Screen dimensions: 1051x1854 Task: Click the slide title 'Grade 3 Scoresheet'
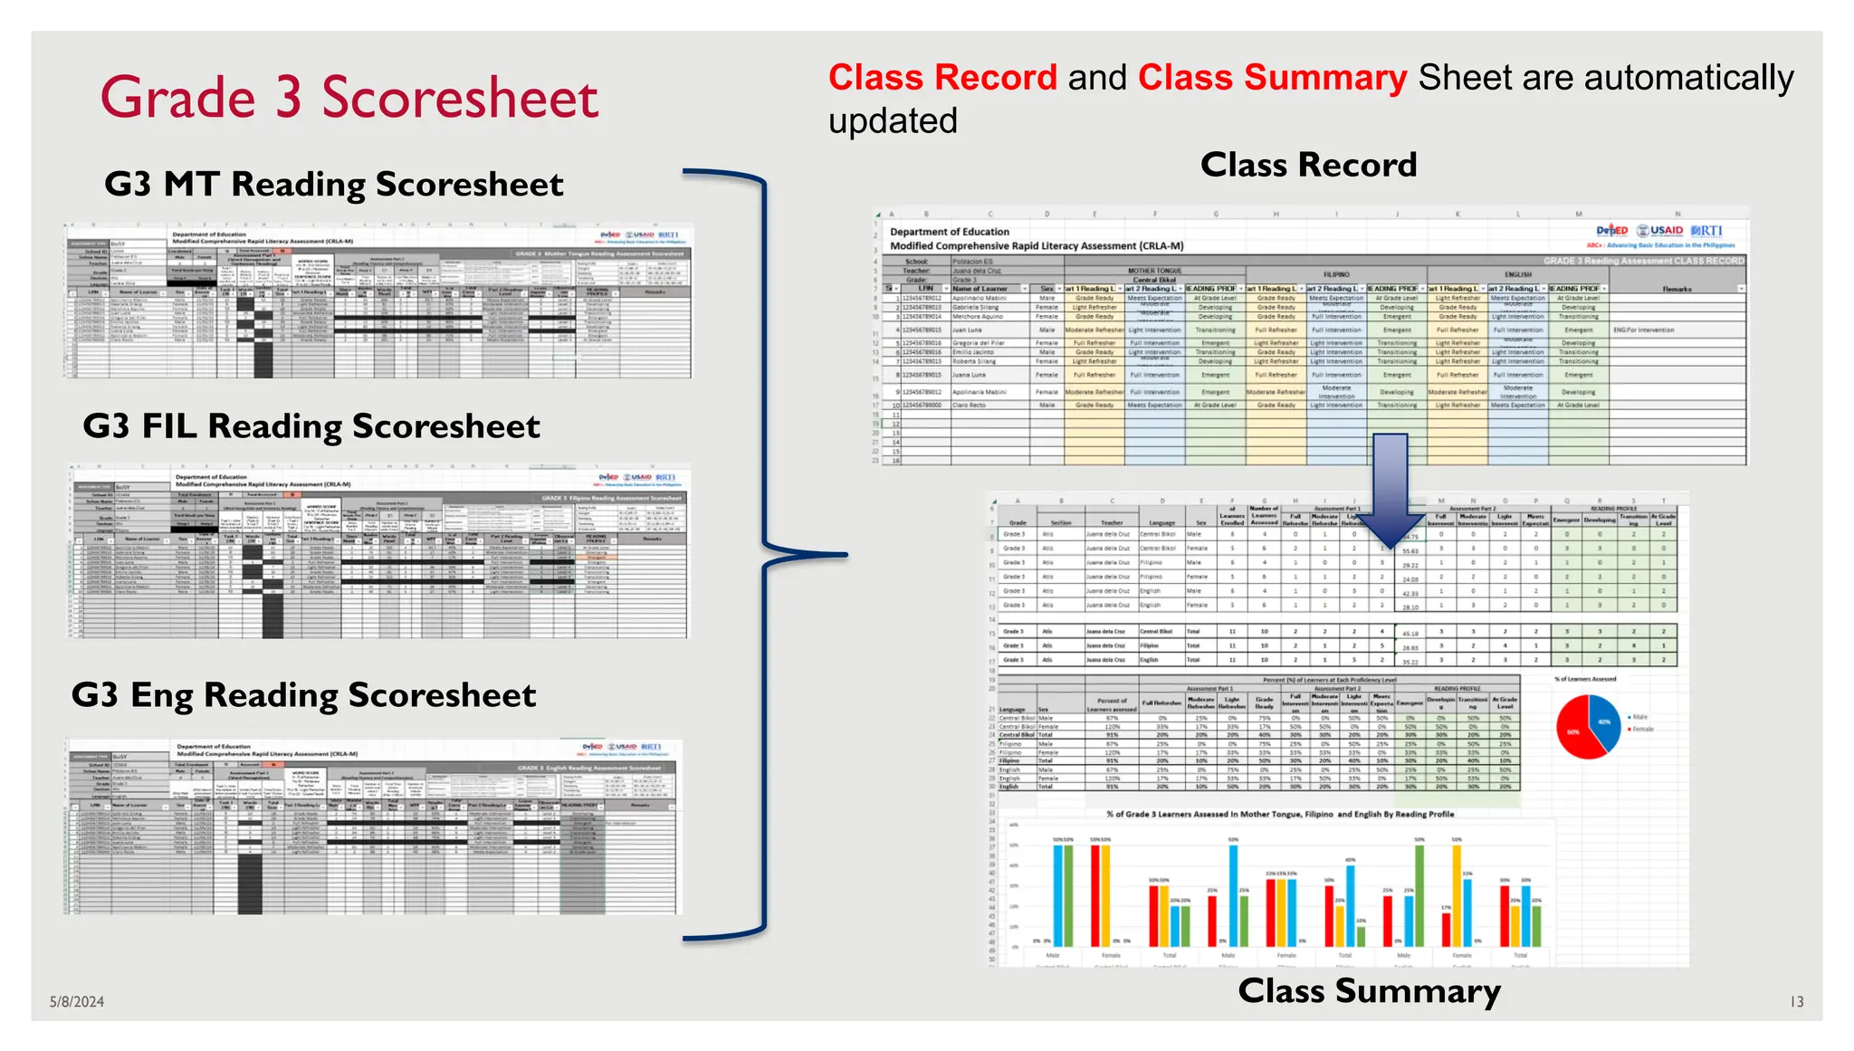pos(349,98)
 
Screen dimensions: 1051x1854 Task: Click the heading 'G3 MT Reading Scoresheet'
pos(333,184)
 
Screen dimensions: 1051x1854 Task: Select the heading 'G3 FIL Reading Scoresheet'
pos(311,425)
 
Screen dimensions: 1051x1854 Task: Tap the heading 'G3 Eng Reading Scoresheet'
pos(303,694)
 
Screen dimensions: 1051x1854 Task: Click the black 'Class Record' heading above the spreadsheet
pos(1308,165)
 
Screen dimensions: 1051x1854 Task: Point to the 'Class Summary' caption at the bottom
pos(1369,990)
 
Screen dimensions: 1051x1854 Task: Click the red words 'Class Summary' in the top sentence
pos(1272,78)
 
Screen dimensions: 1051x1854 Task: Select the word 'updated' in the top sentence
pos(893,121)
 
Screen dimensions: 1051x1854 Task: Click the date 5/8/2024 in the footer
pos(77,1001)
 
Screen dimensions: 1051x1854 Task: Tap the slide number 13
pos(1796,1001)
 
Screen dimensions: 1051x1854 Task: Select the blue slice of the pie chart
pos(1605,720)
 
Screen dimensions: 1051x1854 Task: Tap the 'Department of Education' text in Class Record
pos(949,232)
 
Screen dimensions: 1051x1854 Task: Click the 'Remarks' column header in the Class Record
pos(1677,289)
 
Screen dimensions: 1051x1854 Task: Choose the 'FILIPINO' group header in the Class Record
pos(1336,273)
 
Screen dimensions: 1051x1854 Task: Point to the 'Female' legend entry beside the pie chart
pos(1642,729)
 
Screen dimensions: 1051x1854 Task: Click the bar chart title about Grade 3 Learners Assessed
pos(1280,814)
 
